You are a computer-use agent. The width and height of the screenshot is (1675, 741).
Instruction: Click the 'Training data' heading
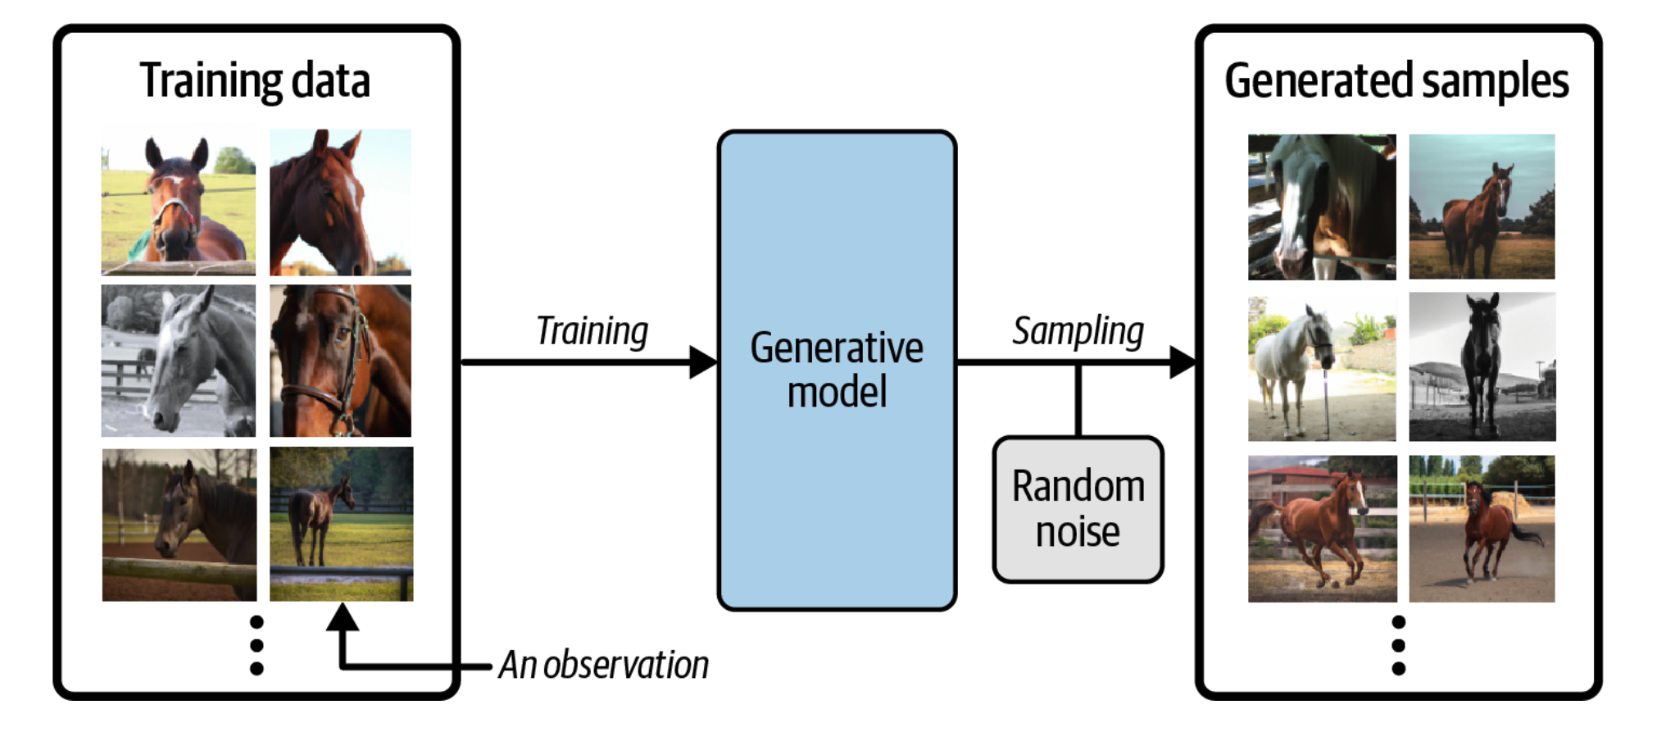pyautogui.click(x=255, y=81)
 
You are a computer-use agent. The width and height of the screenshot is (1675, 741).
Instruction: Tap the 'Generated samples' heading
pyautogui.click(x=1396, y=81)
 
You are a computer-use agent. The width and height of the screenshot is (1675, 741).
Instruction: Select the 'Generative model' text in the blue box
pyautogui.click(x=837, y=369)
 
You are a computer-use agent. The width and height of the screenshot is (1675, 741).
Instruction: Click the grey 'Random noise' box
pyautogui.click(x=1078, y=509)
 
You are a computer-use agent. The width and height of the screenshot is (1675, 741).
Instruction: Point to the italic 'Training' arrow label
pyautogui.click(x=592, y=331)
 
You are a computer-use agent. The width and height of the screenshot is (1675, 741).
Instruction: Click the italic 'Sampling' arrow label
pyautogui.click(x=1078, y=331)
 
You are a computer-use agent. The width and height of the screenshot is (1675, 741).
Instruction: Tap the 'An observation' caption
pyautogui.click(x=604, y=664)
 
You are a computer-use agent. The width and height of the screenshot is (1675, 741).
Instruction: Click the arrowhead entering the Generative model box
pyautogui.click(x=703, y=362)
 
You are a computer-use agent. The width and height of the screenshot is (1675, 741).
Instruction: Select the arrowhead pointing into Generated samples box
pyautogui.click(x=1182, y=362)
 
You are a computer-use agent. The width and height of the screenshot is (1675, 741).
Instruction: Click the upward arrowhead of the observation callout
pyautogui.click(x=343, y=617)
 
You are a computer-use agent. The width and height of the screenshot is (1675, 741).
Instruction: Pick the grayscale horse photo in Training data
pyautogui.click(x=179, y=361)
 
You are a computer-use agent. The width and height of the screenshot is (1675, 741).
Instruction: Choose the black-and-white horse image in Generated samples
pyautogui.click(x=1482, y=366)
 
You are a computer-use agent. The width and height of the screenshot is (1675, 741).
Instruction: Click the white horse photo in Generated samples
pyautogui.click(x=1322, y=366)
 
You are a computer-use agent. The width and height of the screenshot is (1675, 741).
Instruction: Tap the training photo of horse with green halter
pyautogui.click(x=179, y=199)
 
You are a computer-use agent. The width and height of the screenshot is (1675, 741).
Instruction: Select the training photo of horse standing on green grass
pyautogui.click(x=342, y=524)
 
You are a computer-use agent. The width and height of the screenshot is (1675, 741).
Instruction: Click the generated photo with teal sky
pyautogui.click(x=1482, y=207)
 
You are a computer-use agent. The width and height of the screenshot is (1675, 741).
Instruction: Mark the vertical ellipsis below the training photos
pyautogui.click(x=256, y=645)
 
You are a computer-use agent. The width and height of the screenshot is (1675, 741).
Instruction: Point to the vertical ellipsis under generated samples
pyautogui.click(x=1399, y=645)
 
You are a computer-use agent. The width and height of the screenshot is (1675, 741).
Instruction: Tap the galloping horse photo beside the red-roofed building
pyautogui.click(x=1322, y=529)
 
